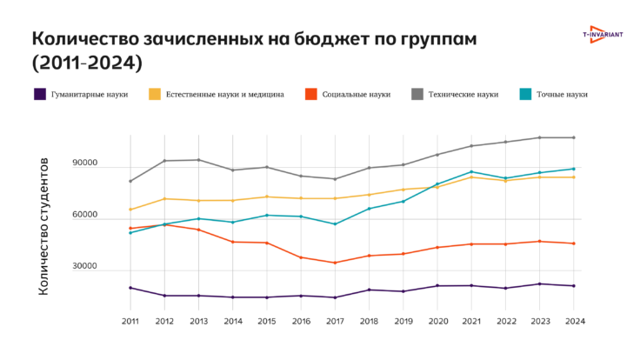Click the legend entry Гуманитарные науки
tap(83, 95)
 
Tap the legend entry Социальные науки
tap(348, 95)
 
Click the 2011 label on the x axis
tap(130, 321)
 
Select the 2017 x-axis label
tap(335, 321)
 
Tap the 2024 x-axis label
tap(573, 321)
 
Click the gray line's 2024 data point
tap(573, 137)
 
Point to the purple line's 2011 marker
tap(130, 288)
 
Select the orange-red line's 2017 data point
tap(335, 263)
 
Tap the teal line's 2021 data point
tap(471, 172)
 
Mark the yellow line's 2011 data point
tap(130, 210)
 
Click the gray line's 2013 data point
tap(198, 160)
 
